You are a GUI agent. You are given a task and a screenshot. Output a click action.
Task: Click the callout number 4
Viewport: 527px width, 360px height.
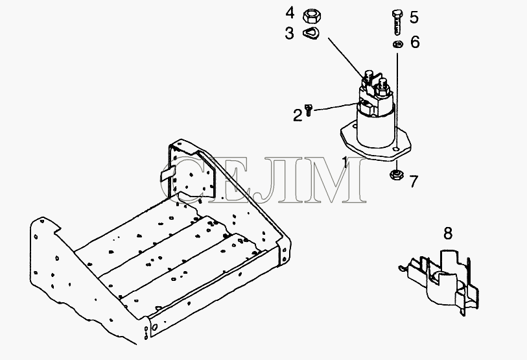pyautogui.click(x=290, y=13)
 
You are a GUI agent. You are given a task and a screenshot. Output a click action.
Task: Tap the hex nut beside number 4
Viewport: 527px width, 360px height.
pyautogui.click(x=312, y=16)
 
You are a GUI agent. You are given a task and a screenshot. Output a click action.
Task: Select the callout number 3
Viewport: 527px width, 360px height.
pyautogui.click(x=289, y=34)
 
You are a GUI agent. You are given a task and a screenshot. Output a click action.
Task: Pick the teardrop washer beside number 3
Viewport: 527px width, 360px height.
pyautogui.click(x=311, y=34)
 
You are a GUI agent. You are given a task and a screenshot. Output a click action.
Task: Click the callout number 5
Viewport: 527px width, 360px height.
pyautogui.click(x=414, y=17)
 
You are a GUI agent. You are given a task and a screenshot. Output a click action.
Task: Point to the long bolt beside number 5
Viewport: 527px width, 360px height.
pyautogui.click(x=397, y=22)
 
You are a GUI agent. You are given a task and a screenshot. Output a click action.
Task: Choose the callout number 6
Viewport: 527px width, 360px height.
pyautogui.click(x=415, y=42)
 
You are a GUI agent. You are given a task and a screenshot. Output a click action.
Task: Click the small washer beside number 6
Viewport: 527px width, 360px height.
pyautogui.click(x=398, y=44)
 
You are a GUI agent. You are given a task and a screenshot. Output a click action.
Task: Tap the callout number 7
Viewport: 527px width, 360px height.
pyautogui.click(x=414, y=182)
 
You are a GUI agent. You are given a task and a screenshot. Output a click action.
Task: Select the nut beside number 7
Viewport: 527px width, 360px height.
pyautogui.click(x=395, y=174)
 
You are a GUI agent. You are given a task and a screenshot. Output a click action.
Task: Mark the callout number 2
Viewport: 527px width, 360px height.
pyautogui.click(x=298, y=115)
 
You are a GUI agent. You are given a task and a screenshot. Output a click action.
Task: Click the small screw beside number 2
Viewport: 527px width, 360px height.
pyautogui.click(x=309, y=110)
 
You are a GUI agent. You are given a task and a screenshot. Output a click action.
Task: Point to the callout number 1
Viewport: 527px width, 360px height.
pyautogui.click(x=345, y=162)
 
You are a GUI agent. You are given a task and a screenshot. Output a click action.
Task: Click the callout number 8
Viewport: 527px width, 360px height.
pyautogui.click(x=448, y=234)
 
